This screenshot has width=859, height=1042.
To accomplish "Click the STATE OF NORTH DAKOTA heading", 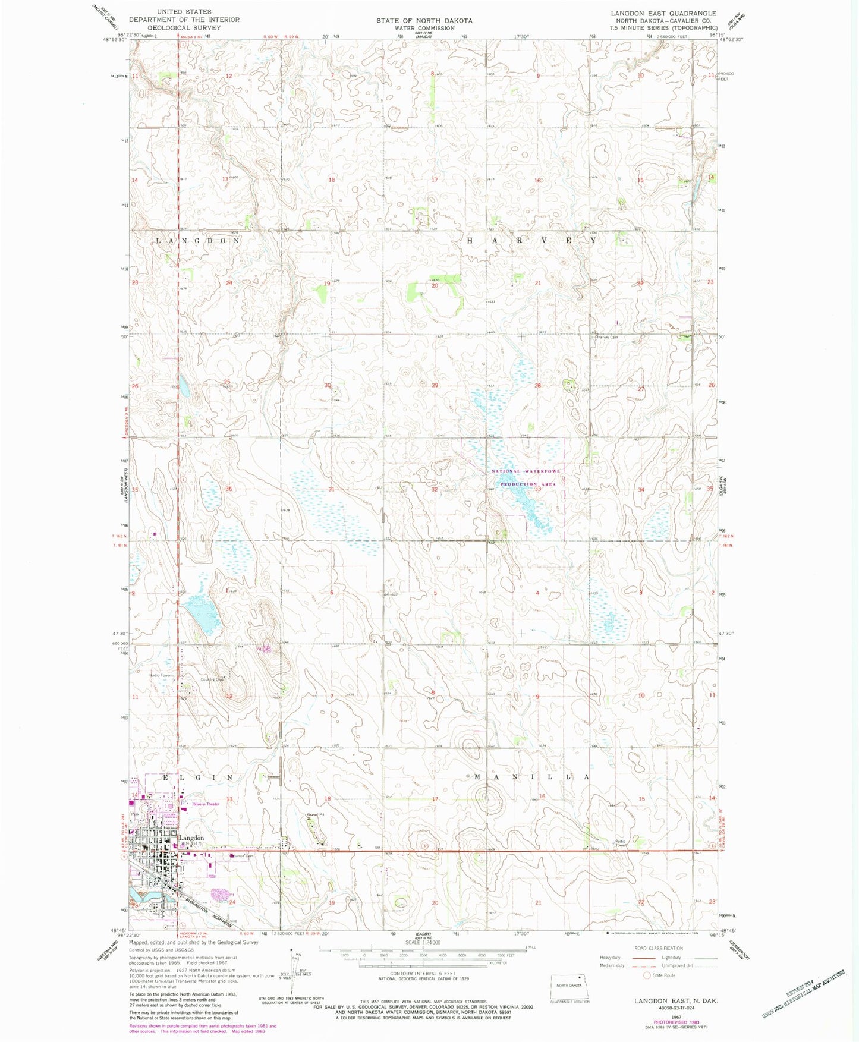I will [x=424, y=21].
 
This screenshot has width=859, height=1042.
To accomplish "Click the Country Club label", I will [x=212, y=679].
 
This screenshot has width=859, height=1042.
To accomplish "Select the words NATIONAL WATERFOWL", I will [x=526, y=471].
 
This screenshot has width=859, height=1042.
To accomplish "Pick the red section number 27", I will [x=641, y=388].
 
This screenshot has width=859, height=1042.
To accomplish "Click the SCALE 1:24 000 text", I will [x=422, y=943].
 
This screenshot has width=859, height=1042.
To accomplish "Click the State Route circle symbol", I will [x=647, y=975].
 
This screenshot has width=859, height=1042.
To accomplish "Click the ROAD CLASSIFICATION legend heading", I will [x=658, y=948].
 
